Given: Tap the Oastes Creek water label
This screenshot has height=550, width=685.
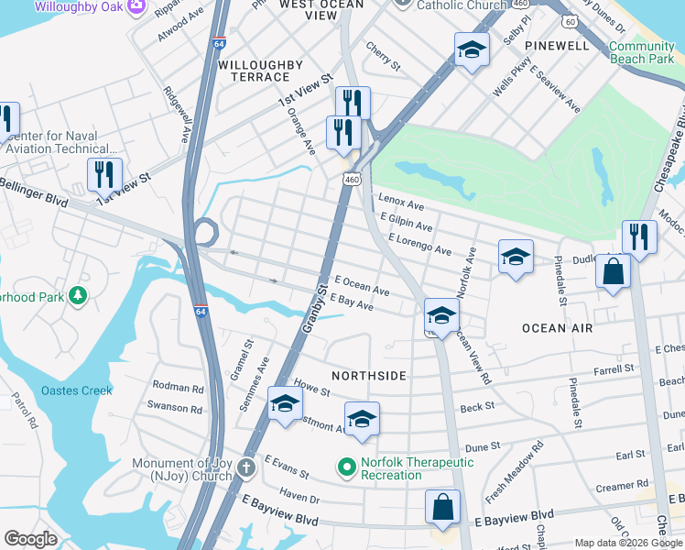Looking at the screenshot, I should [x=77, y=390].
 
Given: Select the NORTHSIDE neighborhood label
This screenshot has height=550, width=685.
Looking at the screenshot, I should [x=368, y=376].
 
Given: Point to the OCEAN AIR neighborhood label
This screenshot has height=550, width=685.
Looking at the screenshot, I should [x=557, y=328].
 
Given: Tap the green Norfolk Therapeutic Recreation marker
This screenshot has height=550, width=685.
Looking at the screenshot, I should [x=346, y=468].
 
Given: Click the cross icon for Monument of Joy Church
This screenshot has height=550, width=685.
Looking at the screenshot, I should [x=245, y=468].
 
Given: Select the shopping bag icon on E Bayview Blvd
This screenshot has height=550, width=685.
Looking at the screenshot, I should [x=442, y=507].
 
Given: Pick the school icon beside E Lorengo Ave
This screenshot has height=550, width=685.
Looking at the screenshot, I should [x=516, y=257].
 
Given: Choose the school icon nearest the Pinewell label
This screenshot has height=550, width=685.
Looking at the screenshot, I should [x=472, y=49].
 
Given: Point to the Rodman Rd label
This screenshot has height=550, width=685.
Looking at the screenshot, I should [x=178, y=387].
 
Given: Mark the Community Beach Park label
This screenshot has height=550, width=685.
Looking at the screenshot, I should [x=641, y=52].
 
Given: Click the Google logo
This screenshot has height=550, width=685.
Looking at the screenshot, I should [x=31, y=539].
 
